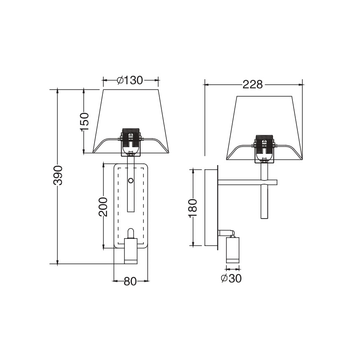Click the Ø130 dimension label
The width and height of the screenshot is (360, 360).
coord(130,80)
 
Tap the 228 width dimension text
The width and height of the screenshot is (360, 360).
coord(253,85)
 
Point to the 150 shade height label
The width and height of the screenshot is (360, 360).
coord(84,122)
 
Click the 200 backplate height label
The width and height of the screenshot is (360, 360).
coord(103,207)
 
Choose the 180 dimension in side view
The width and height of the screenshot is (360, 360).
coord(194,207)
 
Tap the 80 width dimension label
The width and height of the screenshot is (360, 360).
coord(130,281)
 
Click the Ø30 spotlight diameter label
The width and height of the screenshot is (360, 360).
coord(231,279)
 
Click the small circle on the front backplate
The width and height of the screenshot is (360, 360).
coord(131,180)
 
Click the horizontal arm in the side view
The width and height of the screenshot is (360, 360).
coord(245,182)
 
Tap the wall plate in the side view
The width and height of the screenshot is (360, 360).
coord(211,207)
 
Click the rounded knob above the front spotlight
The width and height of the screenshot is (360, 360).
coord(131,233)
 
